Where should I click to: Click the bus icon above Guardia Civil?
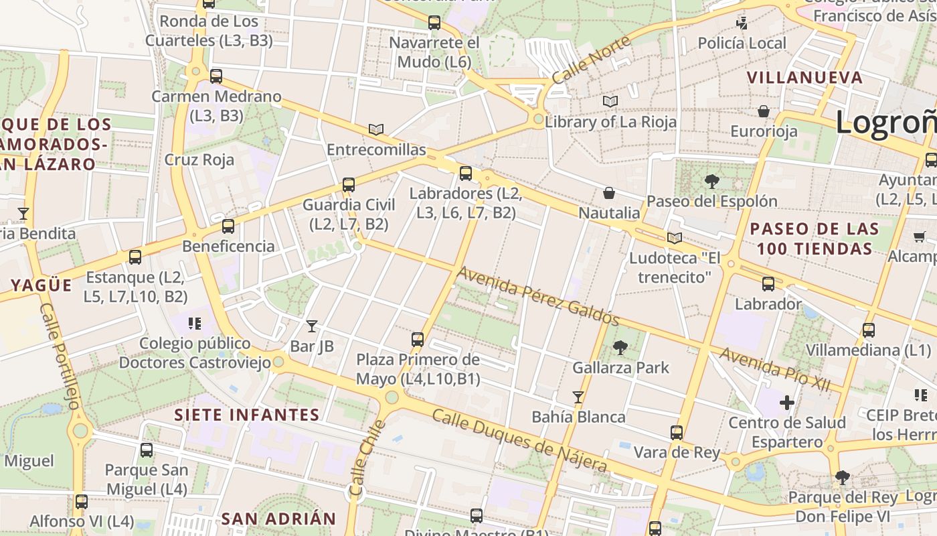coord(348,185)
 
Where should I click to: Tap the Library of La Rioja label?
coord(610,122)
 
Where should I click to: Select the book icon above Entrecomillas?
coord(376,129)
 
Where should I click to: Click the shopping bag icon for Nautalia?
coord(609,194)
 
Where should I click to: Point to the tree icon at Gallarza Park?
coord(620,347)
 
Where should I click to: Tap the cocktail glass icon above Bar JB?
coord(312,326)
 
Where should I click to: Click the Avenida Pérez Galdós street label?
coord(537,296)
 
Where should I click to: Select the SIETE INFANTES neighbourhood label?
coord(247,415)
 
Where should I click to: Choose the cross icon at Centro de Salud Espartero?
coord(787,403)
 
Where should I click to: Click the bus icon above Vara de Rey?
coord(677,432)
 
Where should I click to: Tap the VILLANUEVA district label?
coord(805,78)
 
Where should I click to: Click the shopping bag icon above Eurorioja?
coord(764,111)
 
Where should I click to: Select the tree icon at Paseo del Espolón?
coord(711,181)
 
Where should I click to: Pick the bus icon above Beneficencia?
coord(228,226)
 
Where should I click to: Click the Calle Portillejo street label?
coord(60,355)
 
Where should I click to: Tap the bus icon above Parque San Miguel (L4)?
coord(147,450)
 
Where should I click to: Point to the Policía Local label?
coord(742,44)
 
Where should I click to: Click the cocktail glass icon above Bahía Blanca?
coord(578,397)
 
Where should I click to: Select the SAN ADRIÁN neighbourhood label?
coord(278,519)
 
